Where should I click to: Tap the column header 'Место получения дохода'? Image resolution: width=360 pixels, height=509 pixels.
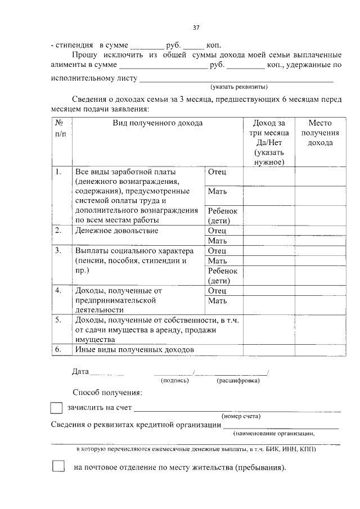[319, 133]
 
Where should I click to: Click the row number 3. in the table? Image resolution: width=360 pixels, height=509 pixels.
[58, 250]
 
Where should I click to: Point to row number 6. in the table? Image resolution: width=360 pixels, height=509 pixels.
[58, 349]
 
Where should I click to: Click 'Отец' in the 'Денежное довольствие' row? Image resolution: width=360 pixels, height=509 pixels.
[217, 231]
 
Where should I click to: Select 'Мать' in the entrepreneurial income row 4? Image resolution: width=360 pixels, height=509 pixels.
[217, 300]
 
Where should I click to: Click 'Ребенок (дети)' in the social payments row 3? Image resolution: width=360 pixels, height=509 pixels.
[223, 276]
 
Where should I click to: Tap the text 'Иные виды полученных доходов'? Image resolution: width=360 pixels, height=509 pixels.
[134, 349]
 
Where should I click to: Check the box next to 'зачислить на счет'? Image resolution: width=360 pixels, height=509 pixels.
[56, 408]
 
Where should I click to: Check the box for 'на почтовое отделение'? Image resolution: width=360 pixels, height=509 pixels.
[58, 467]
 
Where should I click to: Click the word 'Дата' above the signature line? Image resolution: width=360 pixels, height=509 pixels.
[80, 371]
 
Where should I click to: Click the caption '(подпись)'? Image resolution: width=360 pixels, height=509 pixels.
[174, 381]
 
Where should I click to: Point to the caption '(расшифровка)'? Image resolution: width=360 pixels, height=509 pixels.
[238, 381]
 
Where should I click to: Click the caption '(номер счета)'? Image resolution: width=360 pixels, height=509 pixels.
[241, 416]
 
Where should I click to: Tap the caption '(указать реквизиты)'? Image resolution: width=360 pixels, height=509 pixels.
[239, 87]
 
